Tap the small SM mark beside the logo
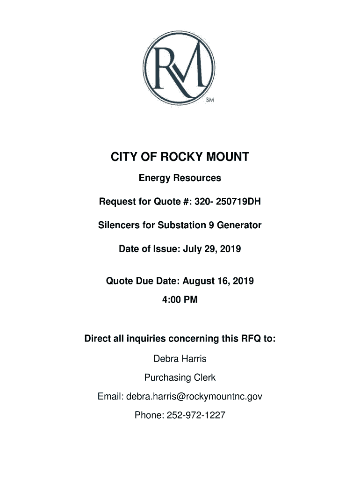point(210,100)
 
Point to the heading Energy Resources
point(180,178)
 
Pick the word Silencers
point(119,225)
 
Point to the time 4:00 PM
point(180,300)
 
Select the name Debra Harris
point(180,359)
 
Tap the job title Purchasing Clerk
point(180,377)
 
